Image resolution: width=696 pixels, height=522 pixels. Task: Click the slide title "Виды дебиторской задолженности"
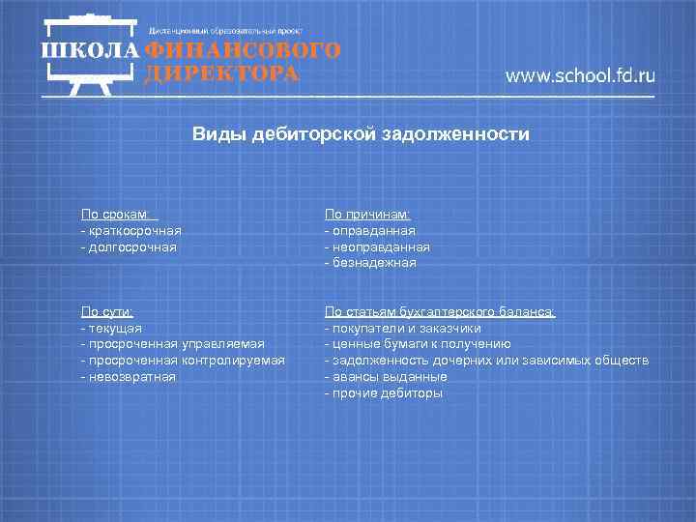360,134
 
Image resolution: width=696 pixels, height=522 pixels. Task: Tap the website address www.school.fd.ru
580,76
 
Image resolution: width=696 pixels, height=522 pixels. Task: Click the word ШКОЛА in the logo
89,51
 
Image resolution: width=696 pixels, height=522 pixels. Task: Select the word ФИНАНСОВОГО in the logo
243,51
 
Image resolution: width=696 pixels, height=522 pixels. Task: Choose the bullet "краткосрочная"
132,231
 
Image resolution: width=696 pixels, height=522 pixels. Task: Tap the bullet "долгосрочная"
130,246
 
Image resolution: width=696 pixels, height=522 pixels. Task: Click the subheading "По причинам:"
368,215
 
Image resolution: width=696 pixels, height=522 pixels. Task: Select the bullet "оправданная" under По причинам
372,231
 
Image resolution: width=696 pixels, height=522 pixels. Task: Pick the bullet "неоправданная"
379,246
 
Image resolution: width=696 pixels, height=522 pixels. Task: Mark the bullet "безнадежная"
372,262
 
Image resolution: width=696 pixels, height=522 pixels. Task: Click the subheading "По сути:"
107,311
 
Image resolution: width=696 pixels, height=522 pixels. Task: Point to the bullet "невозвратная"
130,376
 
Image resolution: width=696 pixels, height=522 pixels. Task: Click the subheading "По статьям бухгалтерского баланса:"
440,311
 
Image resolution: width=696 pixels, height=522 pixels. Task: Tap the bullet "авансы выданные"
388,376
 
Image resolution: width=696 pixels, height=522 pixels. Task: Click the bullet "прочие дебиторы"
386,393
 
